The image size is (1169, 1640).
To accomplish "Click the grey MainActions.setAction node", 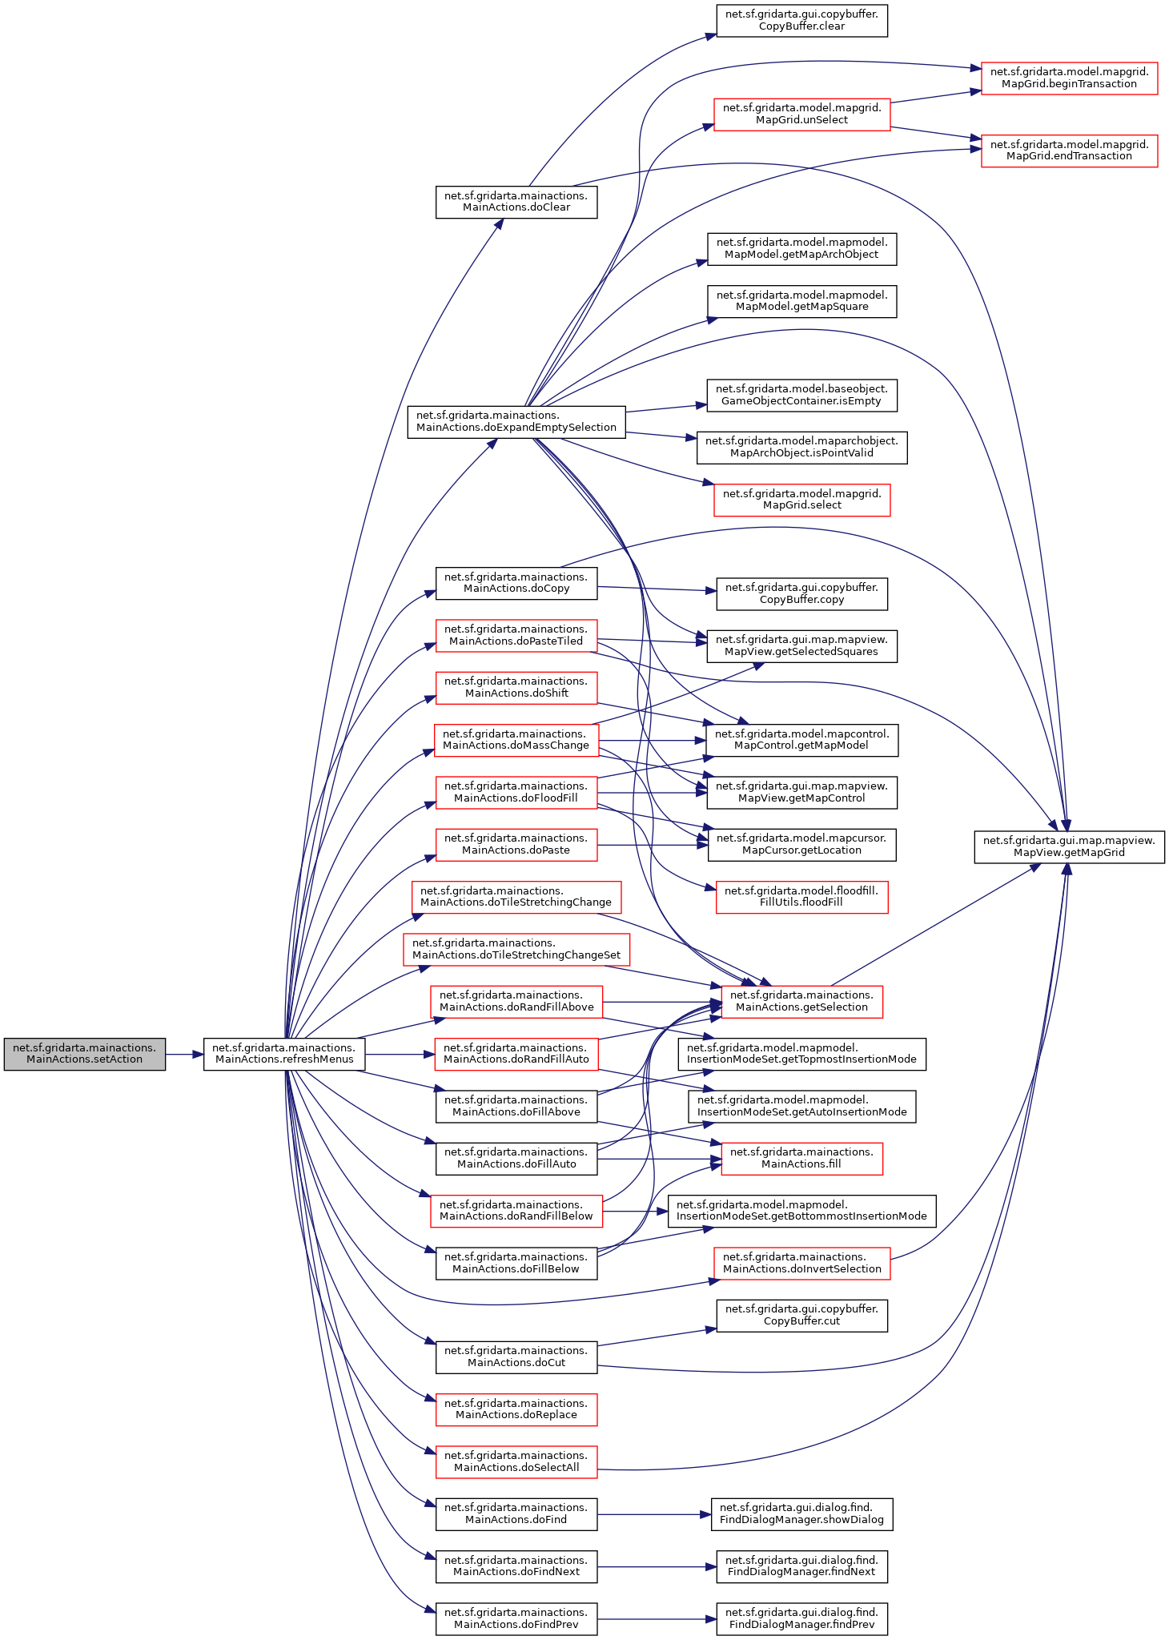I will coord(84,1054).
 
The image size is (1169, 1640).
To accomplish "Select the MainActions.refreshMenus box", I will coord(284,1054).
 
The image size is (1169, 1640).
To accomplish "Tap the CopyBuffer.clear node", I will coord(801,20).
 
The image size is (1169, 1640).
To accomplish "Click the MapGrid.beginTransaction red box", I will coord(1069,78).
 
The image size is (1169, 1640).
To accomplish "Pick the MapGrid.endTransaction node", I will coord(1069,151).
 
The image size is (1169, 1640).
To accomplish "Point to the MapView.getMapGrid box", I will coord(1069,846).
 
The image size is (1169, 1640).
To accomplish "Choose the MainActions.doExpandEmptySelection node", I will coord(516,421).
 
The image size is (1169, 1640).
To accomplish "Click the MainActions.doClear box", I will coord(516,202).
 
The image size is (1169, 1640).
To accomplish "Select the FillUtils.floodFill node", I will coord(801,896).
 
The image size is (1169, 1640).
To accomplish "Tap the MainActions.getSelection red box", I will coord(801,1001).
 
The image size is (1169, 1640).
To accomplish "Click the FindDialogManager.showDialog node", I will coord(801,1513).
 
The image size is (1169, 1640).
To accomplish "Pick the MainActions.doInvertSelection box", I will coord(801,1263).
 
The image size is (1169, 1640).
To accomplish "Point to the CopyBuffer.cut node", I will coord(801,1315).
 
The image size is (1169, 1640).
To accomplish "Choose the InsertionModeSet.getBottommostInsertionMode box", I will coord(801,1210).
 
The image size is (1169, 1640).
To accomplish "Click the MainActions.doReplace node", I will coord(516,1409).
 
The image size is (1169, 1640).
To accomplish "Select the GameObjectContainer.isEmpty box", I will coord(801,395).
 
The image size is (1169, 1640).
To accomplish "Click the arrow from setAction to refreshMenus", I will coord(184,1055).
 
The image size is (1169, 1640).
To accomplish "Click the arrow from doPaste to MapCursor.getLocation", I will coord(653,845).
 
